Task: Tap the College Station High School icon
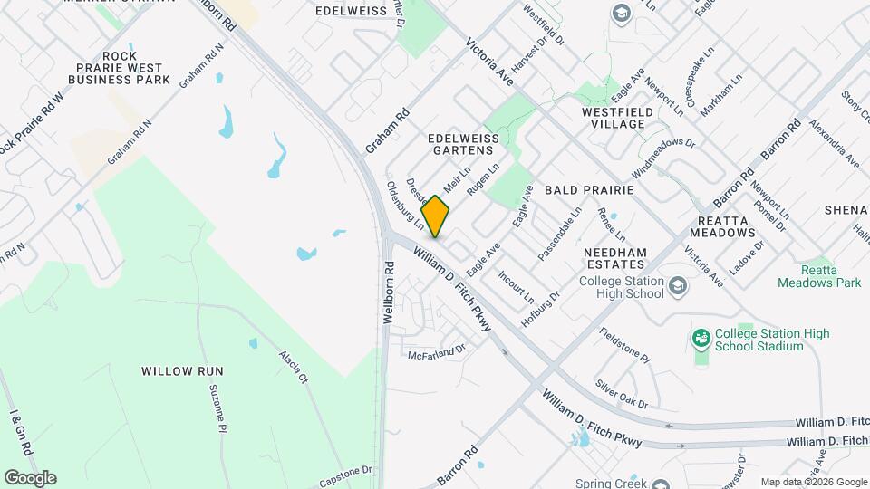point(677,287)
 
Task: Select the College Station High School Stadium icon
point(701,340)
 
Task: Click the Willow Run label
point(182,371)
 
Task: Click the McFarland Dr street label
point(436,350)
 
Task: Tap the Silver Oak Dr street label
point(622,390)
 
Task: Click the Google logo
point(30,477)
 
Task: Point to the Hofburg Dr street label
point(542,310)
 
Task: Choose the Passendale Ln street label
point(559,235)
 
